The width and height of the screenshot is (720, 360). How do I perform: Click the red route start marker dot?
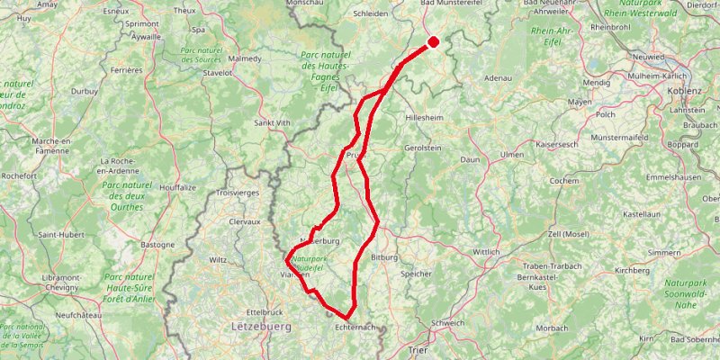point(433,40)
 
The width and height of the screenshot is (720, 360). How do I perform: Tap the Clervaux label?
point(244,220)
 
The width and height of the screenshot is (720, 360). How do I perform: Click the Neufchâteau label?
point(76,315)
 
